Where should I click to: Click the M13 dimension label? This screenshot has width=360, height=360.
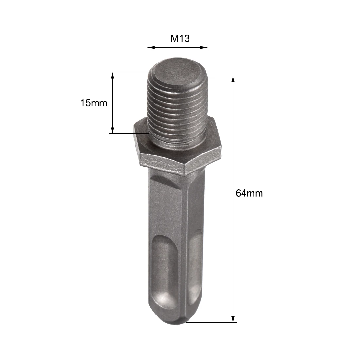pyautogui.click(x=180, y=38)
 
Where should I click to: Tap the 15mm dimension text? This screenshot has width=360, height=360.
pyautogui.click(x=94, y=103)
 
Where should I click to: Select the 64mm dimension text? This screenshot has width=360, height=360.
pyautogui.click(x=249, y=193)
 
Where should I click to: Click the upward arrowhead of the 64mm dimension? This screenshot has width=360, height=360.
pyautogui.click(x=233, y=80)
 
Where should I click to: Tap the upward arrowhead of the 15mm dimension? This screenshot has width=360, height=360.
pyautogui.click(x=112, y=76)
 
